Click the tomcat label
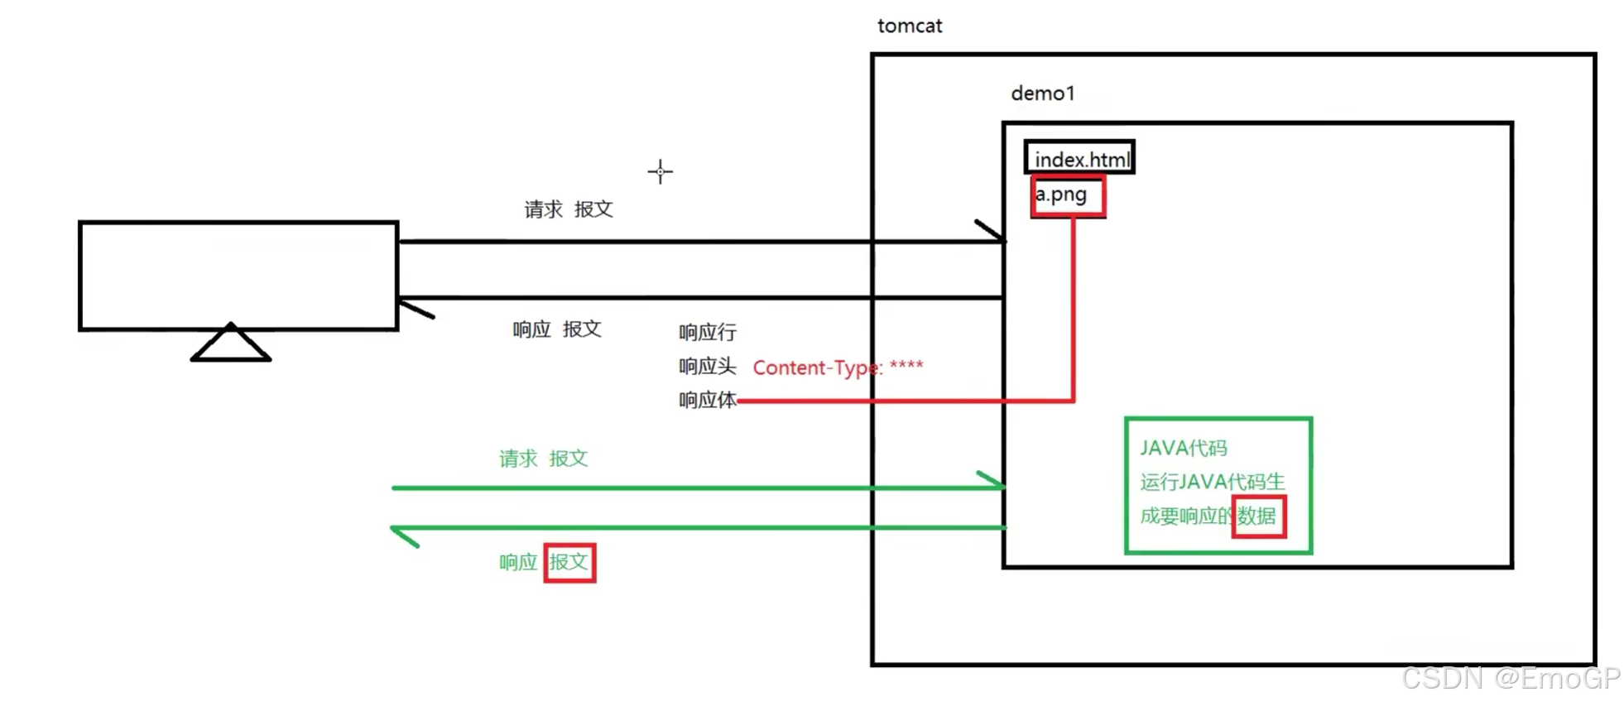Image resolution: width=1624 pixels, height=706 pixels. [909, 26]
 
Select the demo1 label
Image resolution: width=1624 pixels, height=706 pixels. [1042, 94]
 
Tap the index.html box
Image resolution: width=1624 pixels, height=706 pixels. [1079, 158]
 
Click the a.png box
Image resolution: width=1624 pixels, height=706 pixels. [1067, 197]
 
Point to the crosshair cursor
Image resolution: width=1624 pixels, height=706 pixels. [660, 172]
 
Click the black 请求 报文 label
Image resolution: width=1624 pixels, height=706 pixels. [568, 209]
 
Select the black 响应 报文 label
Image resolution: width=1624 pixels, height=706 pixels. [556, 329]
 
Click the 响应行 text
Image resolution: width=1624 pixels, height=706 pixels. [707, 333]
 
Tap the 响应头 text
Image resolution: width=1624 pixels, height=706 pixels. [707, 367]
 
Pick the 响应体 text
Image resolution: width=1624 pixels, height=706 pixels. [707, 401]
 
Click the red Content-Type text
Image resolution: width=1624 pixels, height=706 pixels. [837, 367]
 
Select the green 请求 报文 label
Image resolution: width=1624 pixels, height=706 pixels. [543, 459]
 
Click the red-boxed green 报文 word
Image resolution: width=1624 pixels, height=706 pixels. [569, 563]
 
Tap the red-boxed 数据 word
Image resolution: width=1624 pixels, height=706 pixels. [1257, 516]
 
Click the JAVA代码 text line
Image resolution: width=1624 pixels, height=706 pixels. [1183, 449]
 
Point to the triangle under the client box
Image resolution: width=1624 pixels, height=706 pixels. [230, 344]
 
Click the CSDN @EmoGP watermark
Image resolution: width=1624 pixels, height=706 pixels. [1510, 679]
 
